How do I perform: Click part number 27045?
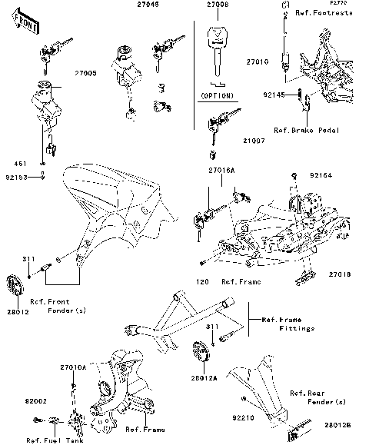coord(149,5)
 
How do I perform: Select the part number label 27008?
coord(217,5)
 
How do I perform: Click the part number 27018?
coord(340,274)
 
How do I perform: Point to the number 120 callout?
coord(201,282)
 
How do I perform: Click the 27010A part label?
coord(74,369)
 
